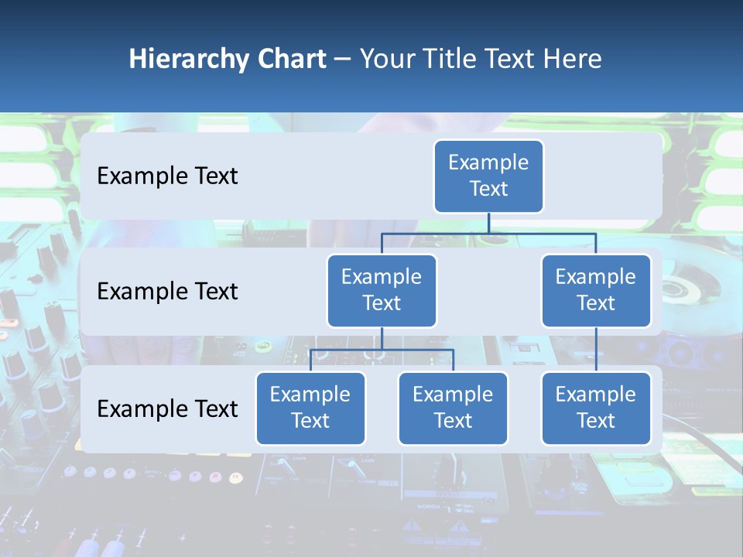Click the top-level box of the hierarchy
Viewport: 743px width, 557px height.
coord(488,176)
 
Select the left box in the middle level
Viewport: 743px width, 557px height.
coord(382,290)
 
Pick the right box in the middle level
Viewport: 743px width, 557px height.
coord(596,290)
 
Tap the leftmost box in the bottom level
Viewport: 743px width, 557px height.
coord(310,408)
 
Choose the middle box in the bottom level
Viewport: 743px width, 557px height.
coord(453,408)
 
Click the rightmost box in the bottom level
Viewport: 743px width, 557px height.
coord(596,408)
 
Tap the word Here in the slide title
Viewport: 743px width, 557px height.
coord(571,60)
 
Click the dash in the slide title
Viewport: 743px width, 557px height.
coord(343,60)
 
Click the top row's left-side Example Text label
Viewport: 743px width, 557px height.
coord(167,176)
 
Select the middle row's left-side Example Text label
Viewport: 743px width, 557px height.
coord(167,292)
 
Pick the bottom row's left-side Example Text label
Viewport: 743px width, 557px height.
coord(167,408)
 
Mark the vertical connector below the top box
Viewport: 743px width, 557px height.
coord(488,224)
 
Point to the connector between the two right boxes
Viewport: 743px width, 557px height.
coord(596,349)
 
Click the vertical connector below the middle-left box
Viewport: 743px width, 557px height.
coord(382,339)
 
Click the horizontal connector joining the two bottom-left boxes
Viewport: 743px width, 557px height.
coord(382,350)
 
